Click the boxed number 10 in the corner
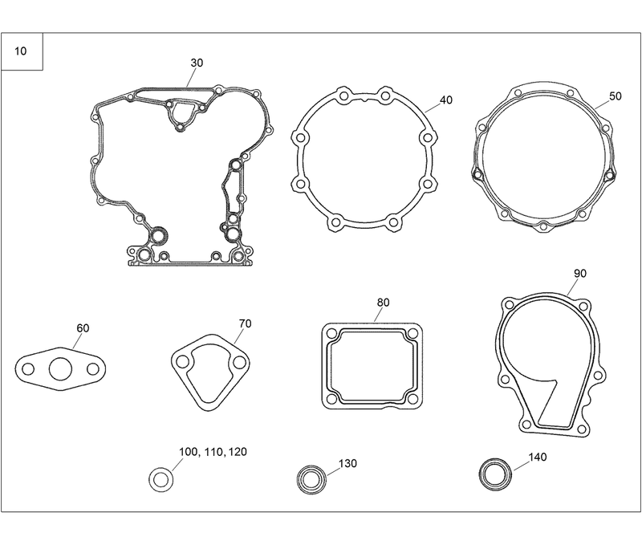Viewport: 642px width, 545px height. [x=20, y=51]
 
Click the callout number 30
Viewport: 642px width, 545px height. [x=197, y=63]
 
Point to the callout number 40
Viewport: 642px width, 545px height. [x=446, y=101]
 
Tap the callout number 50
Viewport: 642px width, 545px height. [x=616, y=96]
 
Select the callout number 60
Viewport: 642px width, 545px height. [x=83, y=328]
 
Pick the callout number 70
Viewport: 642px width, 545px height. [x=246, y=323]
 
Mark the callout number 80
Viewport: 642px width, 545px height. [x=383, y=303]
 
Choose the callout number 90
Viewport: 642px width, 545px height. [x=580, y=273]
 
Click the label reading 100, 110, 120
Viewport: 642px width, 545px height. [x=213, y=453]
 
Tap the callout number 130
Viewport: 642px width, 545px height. [x=347, y=464]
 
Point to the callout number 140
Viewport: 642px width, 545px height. [x=538, y=458]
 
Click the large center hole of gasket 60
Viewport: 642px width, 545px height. [x=59, y=370]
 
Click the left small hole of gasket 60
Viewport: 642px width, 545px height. [x=28, y=370]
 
